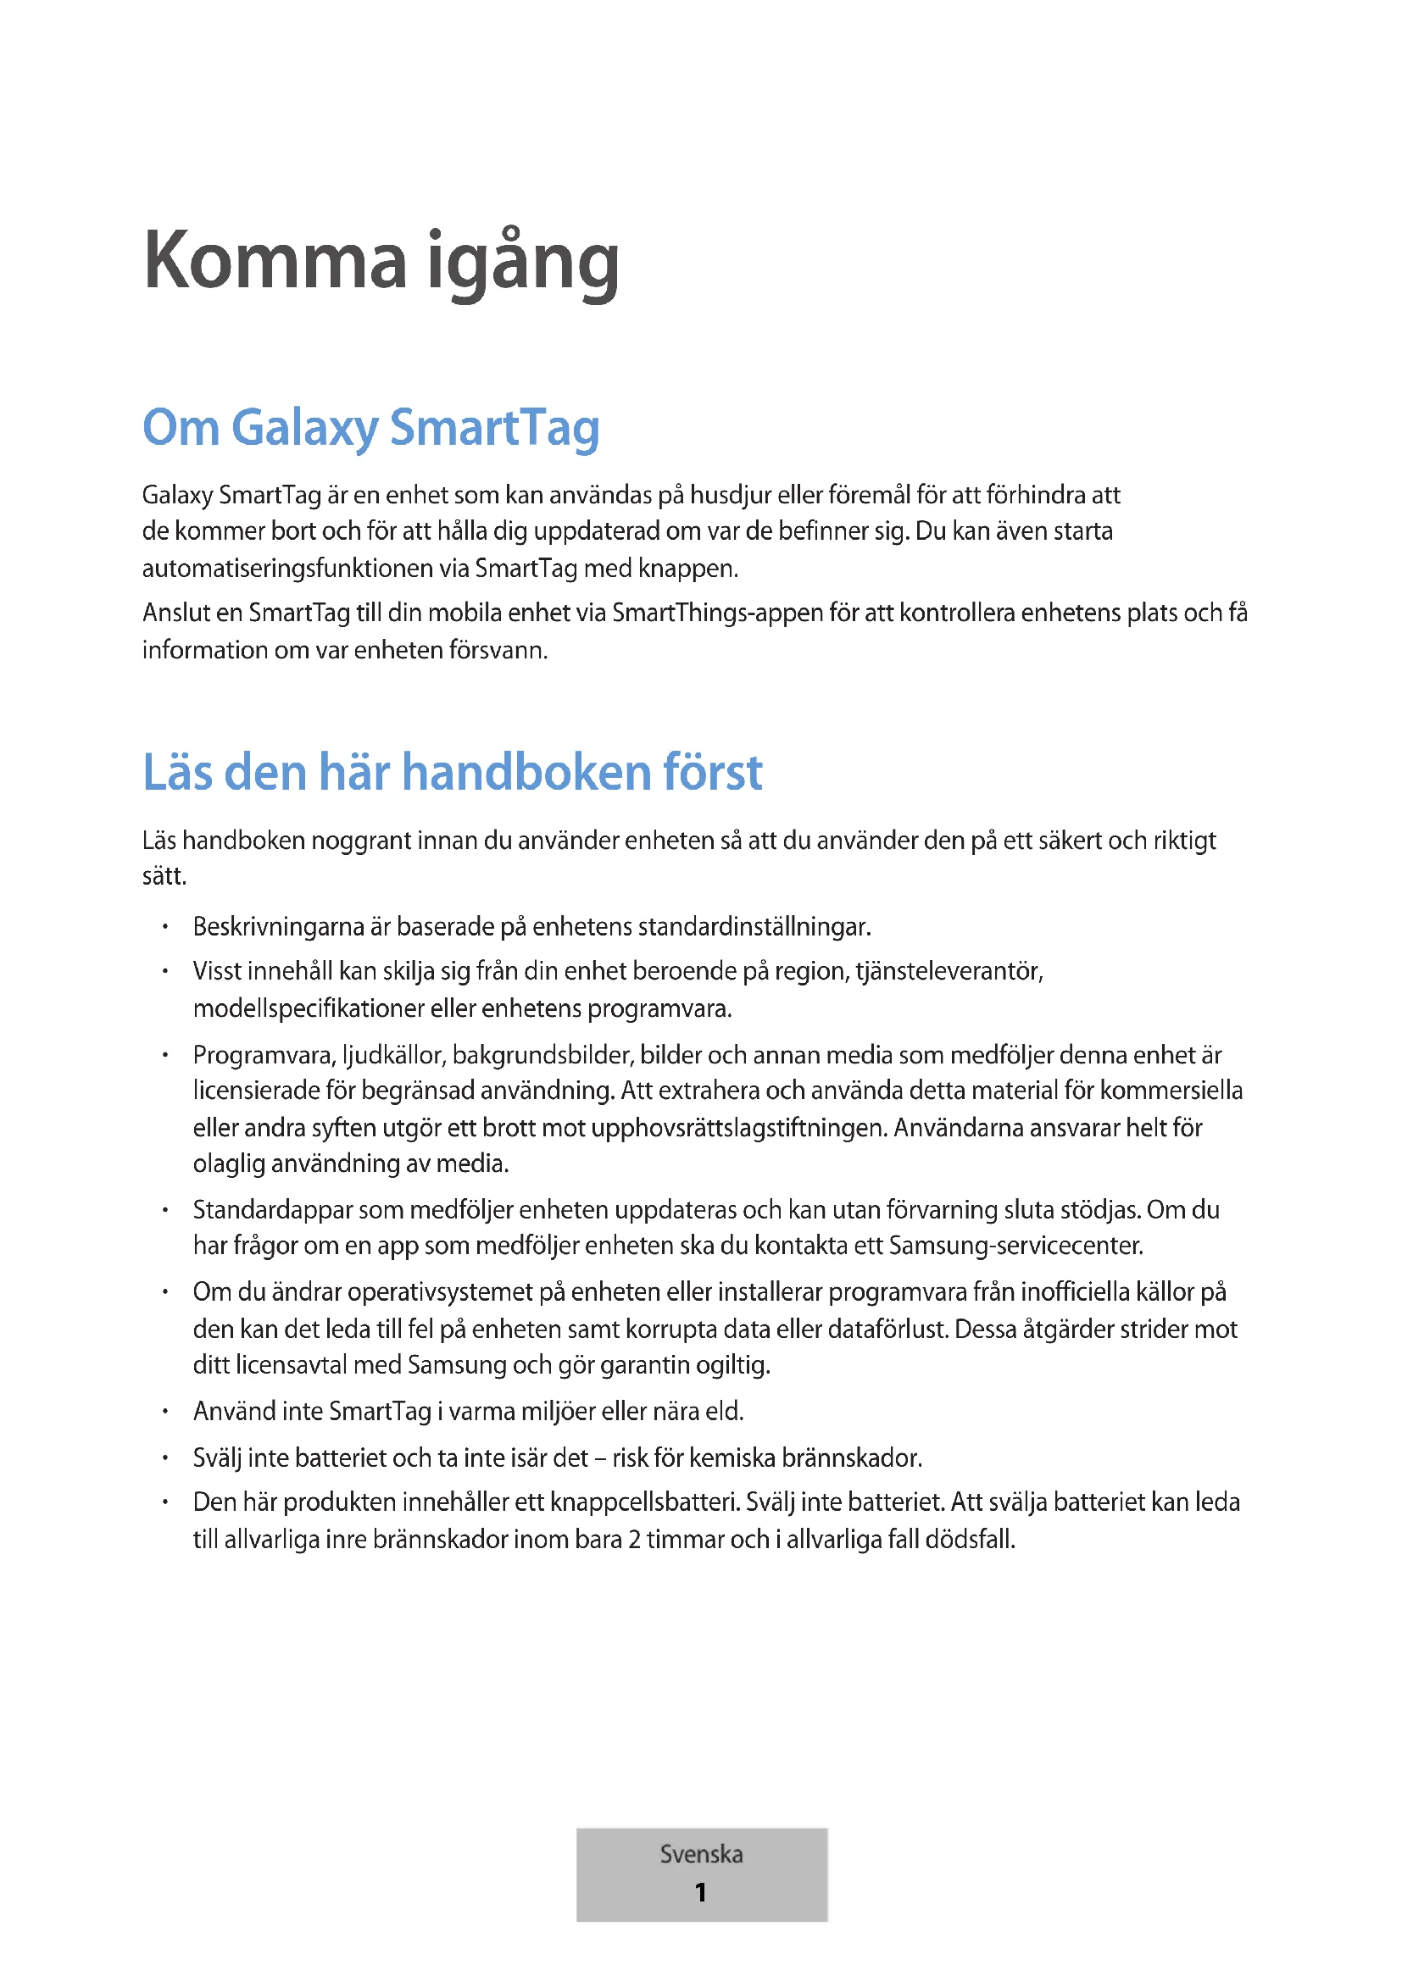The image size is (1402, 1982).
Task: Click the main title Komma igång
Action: [x=381, y=262]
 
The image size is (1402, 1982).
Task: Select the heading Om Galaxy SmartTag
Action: [x=370, y=427]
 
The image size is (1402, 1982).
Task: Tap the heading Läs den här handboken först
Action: [x=453, y=772]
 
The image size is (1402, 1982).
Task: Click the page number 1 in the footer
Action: [x=700, y=1892]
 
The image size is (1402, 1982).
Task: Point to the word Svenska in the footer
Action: [x=701, y=1854]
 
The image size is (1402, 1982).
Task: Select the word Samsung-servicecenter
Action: [x=1015, y=1246]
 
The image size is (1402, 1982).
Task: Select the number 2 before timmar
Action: [x=635, y=1539]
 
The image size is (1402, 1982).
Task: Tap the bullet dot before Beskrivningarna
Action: [x=164, y=928]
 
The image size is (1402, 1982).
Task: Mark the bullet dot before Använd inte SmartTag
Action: [x=164, y=1413]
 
